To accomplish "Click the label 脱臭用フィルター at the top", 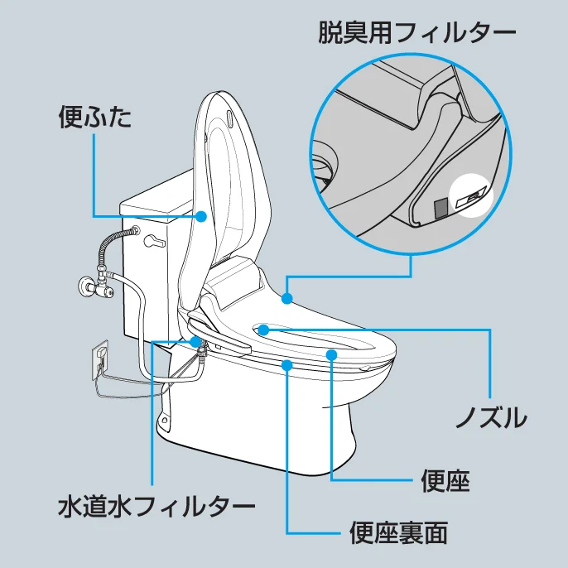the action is point(417,32).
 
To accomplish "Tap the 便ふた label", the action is point(95,117).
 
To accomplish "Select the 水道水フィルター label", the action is point(156,506).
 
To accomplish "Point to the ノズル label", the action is point(492,417).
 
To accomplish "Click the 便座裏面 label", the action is point(398,533).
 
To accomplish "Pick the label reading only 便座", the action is point(445,480).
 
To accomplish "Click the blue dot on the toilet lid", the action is point(201,216).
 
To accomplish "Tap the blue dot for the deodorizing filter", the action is point(286,298).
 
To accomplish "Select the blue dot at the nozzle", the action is point(263,330).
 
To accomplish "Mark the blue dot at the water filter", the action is point(195,342).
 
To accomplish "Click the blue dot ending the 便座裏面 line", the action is point(286,365).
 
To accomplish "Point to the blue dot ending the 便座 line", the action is point(331,354).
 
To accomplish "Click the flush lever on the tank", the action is point(155,241).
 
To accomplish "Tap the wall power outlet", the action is point(100,359).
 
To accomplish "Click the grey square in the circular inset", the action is point(440,208).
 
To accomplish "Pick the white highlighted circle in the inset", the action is point(471,195).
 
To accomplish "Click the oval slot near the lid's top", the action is point(230,120).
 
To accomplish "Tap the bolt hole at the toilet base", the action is point(165,421).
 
